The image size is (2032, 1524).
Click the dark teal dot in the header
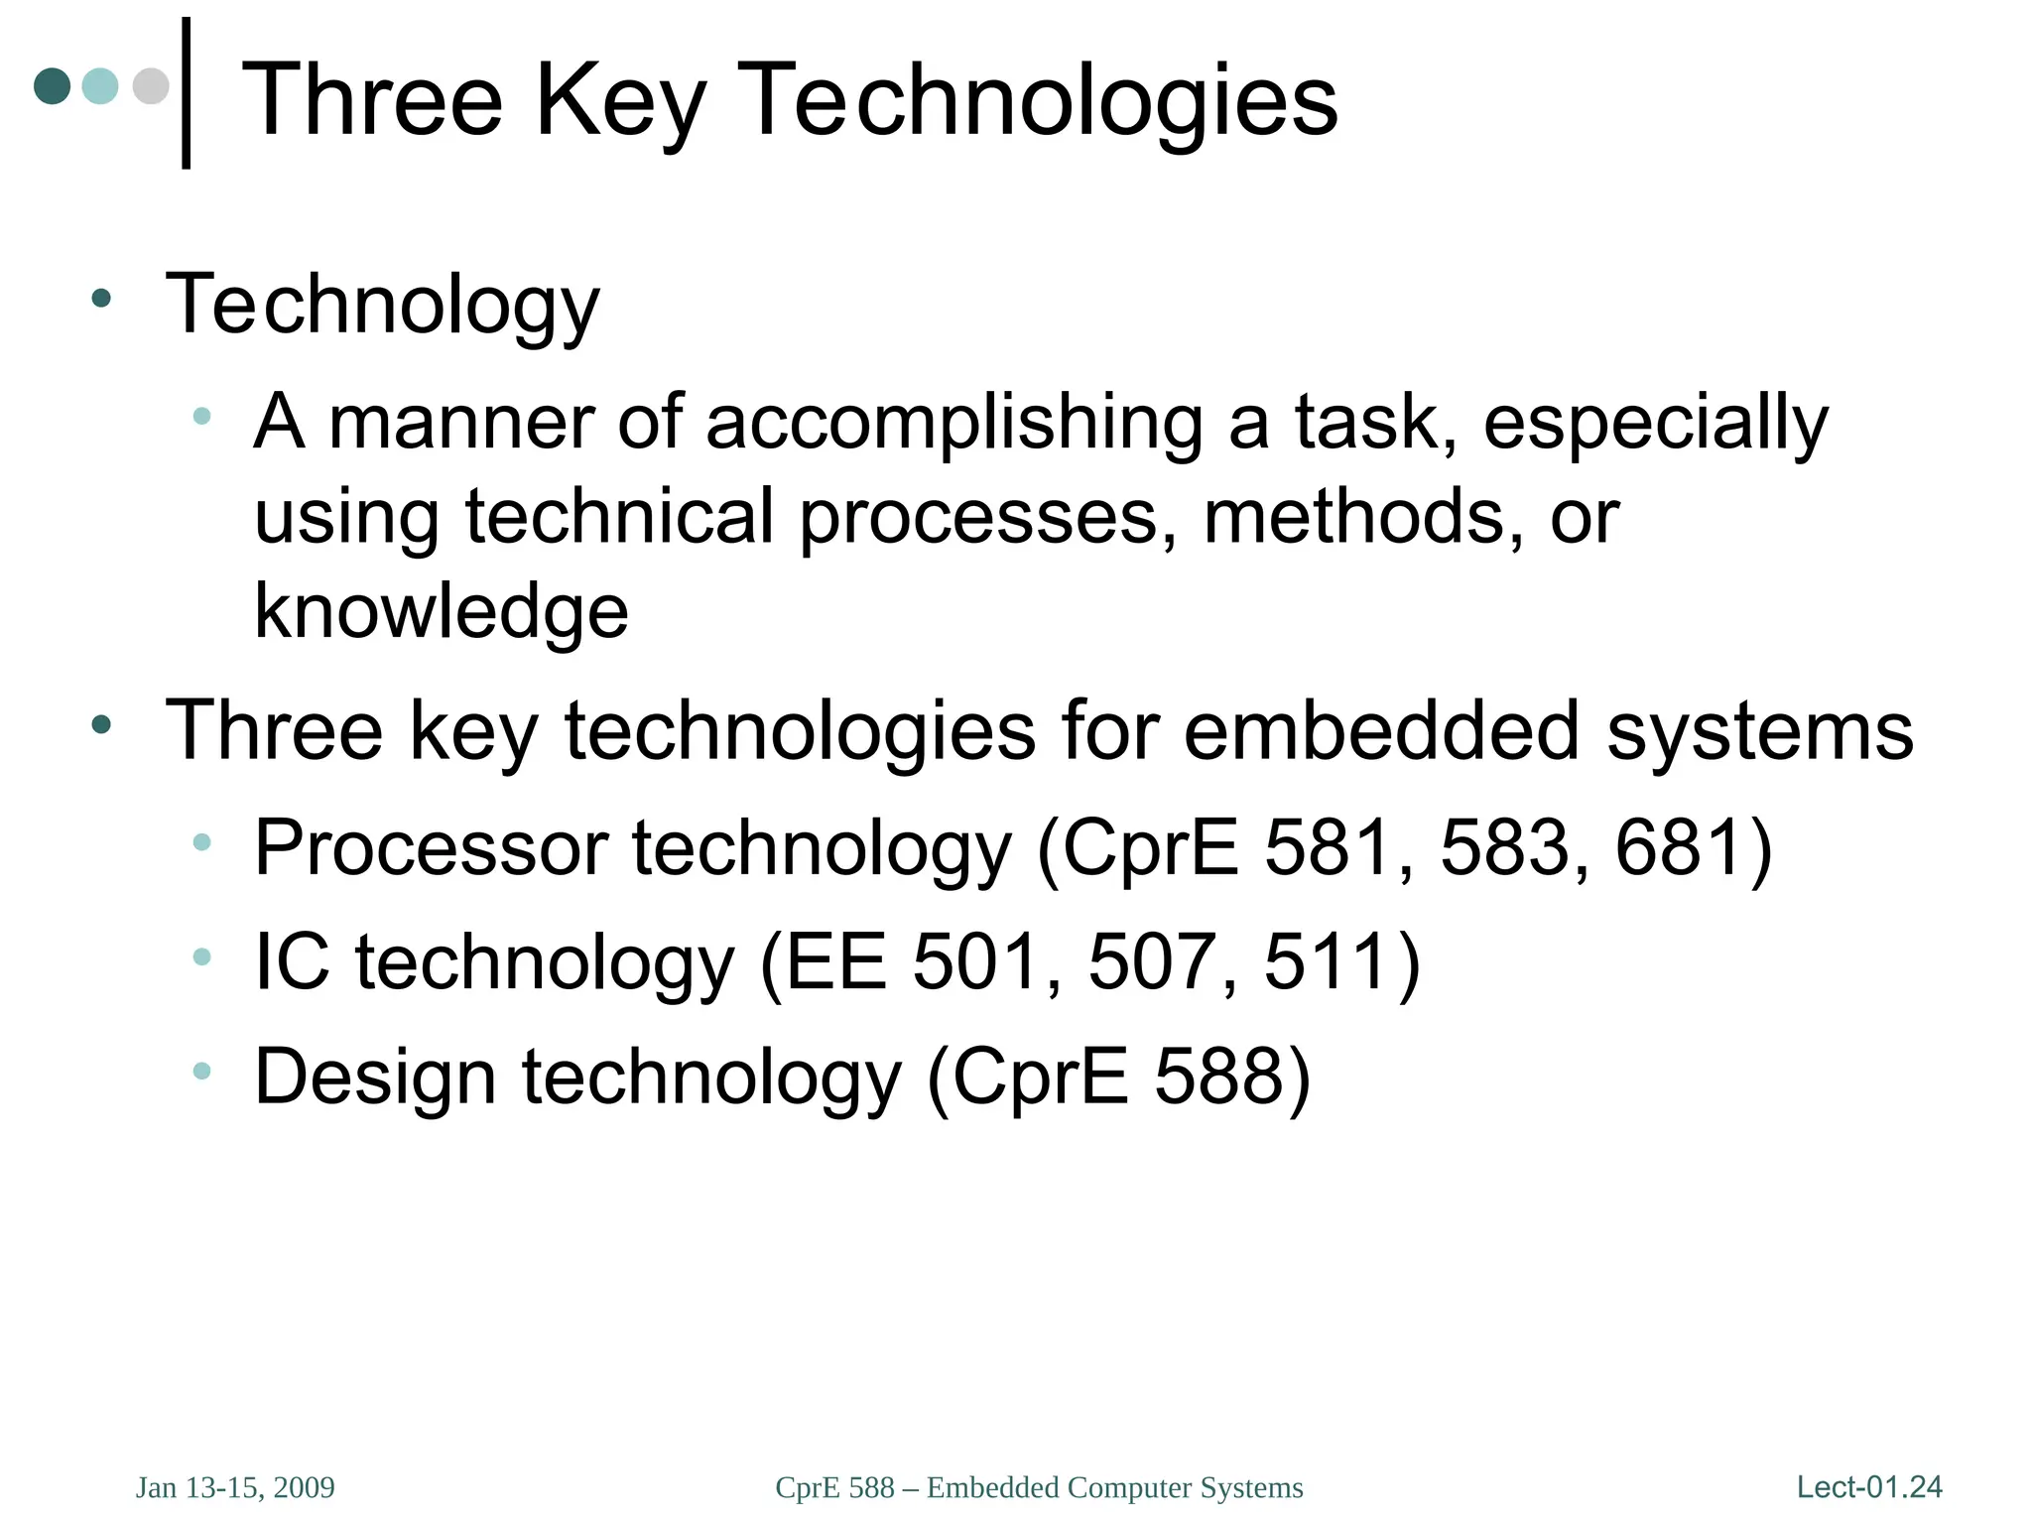[x=52, y=86]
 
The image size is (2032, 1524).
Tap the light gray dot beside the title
[x=151, y=86]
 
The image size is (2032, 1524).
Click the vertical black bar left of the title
[x=186, y=93]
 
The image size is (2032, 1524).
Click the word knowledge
[x=442, y=611]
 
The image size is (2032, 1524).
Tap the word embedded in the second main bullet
[x=1380, y=732]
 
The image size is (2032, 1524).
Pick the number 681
[x=1678, y=848]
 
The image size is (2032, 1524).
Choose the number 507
[x=1151, y=962]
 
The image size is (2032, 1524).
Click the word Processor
[x=432, y=848]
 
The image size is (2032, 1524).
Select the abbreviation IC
[x=292, y=962]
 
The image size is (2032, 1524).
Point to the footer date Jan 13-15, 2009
[x=235, y=1487]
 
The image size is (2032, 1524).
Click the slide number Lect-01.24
[x=1869, y=1487]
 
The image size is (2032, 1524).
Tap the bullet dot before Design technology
[x=202, y=1071]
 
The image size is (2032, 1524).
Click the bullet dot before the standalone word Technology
[x=100, y=298]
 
